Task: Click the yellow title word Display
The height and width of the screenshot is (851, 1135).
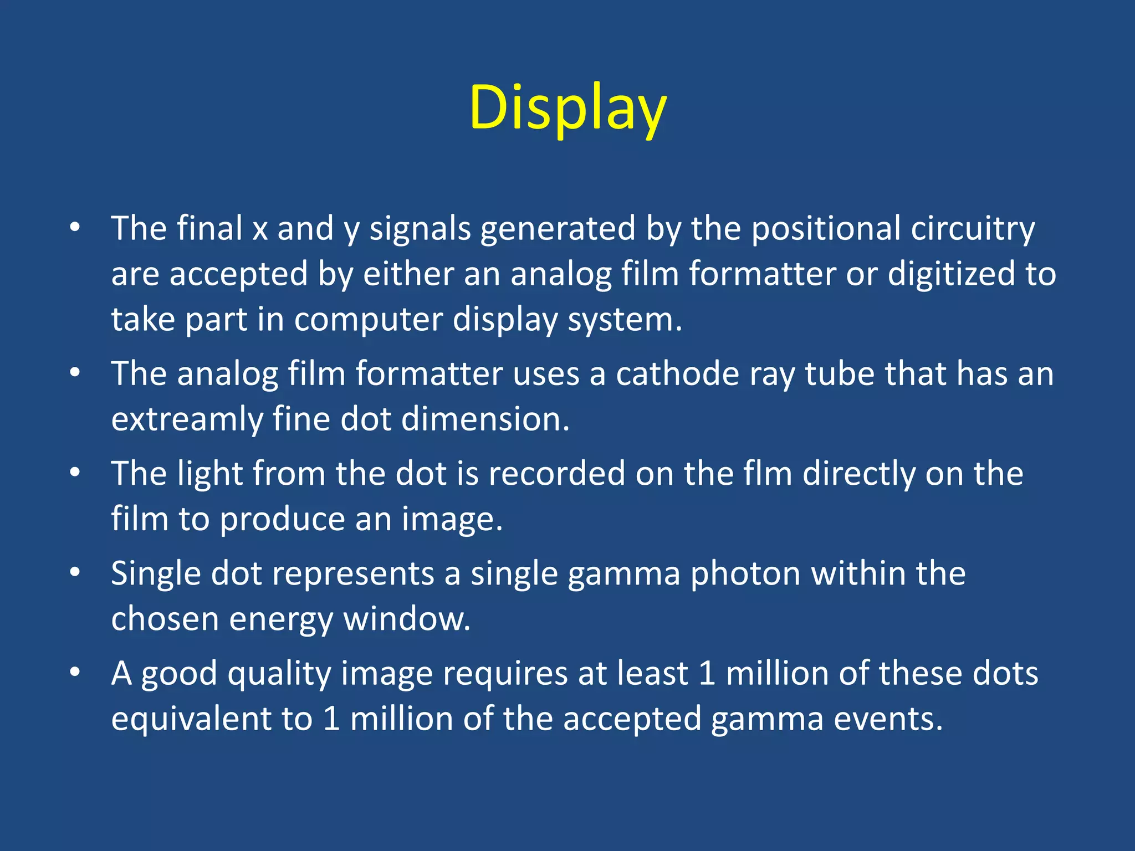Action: [x=567, y=108]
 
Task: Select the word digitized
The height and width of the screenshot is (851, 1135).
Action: [x=951, y=274]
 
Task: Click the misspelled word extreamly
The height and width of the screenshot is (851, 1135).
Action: [x=187, y=419]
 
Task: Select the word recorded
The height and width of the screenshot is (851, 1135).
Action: [x=556, y=474]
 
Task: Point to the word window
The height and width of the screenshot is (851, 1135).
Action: [x=406, y=619]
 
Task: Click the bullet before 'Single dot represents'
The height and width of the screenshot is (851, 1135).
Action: [x=75, y=572]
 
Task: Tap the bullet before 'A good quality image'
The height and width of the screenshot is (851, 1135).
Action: [x=75, y=672]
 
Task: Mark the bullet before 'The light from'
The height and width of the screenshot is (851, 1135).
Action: [x=75, y=473]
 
